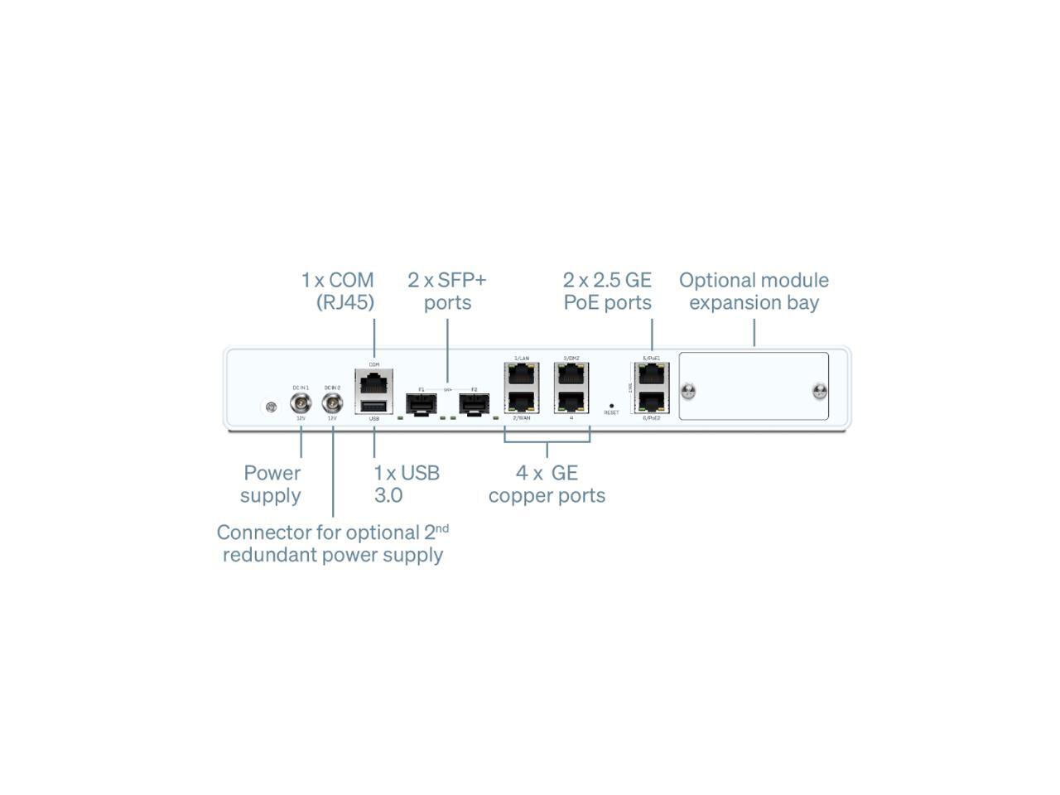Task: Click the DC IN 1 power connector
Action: point(300,403)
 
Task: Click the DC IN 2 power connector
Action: point(332,403)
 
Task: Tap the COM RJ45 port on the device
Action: point(374,383)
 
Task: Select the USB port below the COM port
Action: point(374,406)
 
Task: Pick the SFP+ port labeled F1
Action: point(421,404)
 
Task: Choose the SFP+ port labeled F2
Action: point(474,404)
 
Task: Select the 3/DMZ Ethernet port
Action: point(571,375)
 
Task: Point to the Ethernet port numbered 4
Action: point(571,401)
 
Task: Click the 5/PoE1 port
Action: point(651,375)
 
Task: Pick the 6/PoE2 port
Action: point(651,401)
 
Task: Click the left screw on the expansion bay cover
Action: point(687,391)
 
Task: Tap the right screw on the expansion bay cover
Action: point(820,391)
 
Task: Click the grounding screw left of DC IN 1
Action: point(271,407)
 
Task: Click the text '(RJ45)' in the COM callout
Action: point(345,302)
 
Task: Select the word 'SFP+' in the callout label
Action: point(462,280)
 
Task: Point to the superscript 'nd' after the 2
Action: point(442,527)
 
